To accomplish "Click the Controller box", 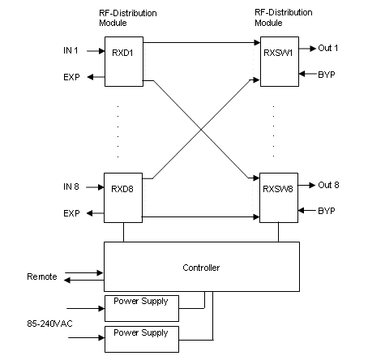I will (x=202, y=267).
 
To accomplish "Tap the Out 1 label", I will (x=328, y=49).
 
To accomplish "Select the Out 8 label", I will (x=328, y=185).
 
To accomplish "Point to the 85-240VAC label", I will (x=48, y=324).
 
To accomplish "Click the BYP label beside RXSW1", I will (x=327, y=74).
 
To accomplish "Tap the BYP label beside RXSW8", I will (x=327, y=211).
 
